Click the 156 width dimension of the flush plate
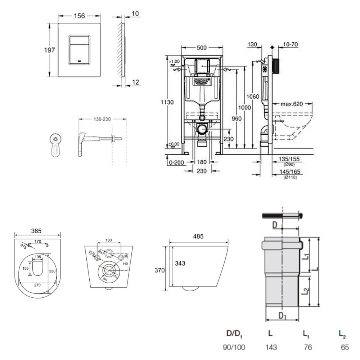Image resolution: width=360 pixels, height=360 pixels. tap(79, 16)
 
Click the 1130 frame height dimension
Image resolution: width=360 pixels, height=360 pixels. tap(167, 102)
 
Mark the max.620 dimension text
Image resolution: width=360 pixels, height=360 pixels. tap(292, 104)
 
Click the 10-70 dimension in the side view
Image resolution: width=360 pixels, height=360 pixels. tap(290, 45)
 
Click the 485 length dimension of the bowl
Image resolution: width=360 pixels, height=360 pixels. tap(198, 237)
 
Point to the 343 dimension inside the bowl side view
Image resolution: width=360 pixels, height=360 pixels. tap(180, 264)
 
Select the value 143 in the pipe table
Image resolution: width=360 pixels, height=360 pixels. tap(271, 347)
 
